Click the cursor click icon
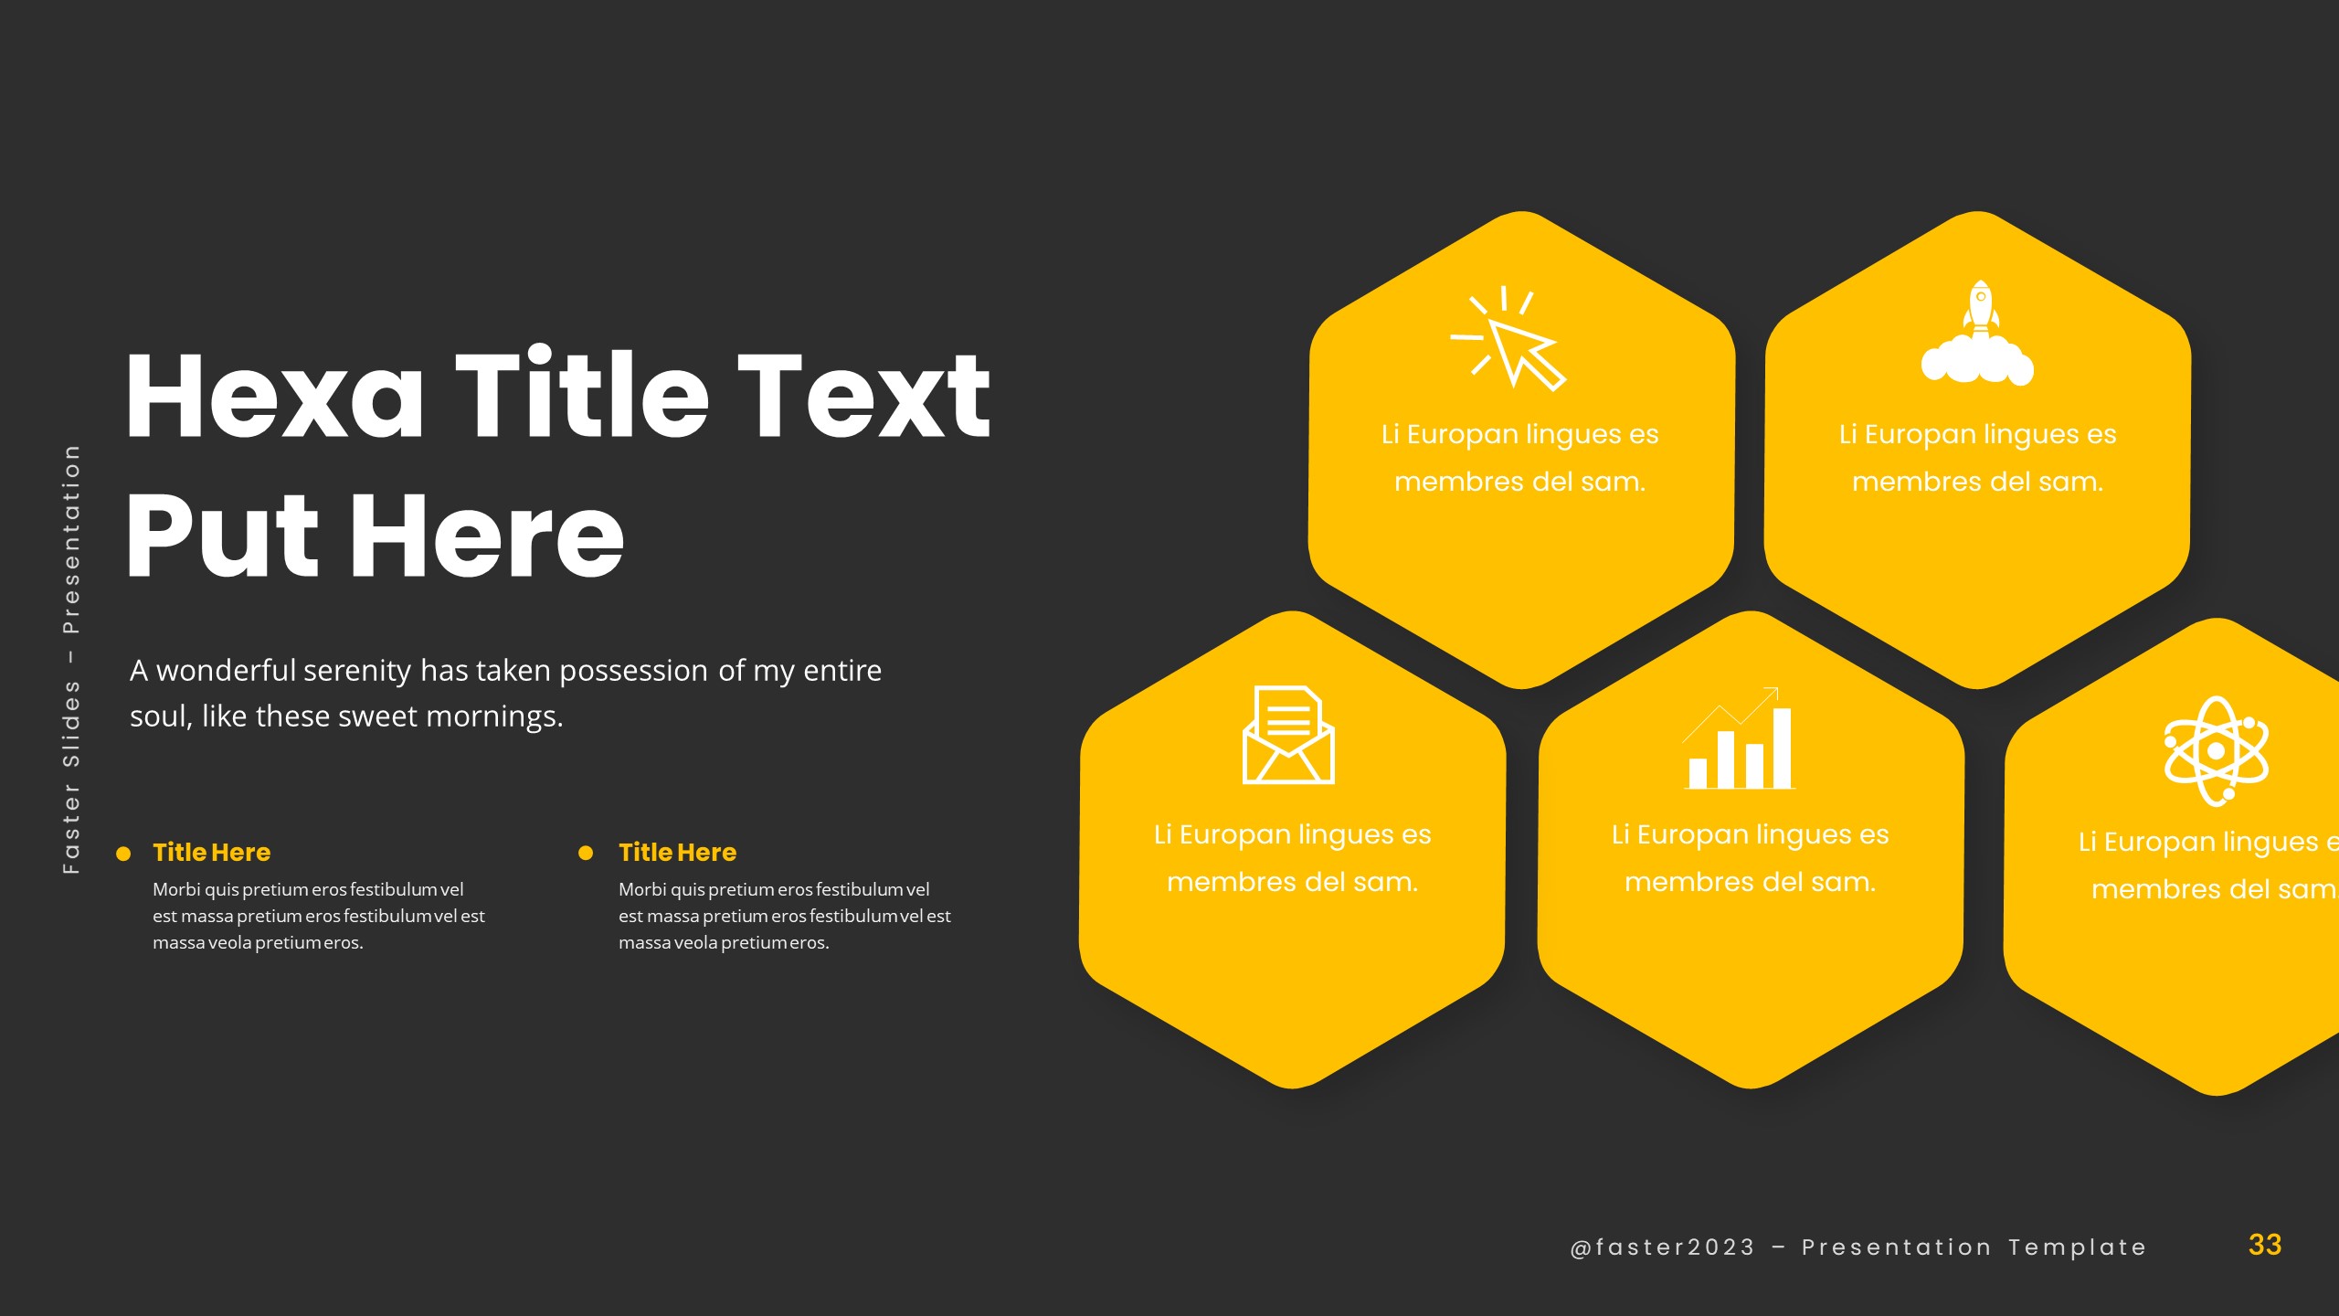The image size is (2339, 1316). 1512,340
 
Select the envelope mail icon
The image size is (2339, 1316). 1288,735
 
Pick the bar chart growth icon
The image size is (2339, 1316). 1739,740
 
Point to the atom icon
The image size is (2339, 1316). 2216,751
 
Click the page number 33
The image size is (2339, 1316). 2265,1245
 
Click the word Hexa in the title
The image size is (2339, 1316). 274,397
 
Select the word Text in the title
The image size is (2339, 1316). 863,397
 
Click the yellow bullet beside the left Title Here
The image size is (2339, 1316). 123,854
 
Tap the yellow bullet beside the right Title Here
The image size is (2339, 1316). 586,854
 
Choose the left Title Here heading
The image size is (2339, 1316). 212,852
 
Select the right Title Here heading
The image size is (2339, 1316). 677,852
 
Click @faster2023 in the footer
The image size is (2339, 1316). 1663,1247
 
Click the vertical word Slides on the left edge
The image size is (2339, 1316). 71,722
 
